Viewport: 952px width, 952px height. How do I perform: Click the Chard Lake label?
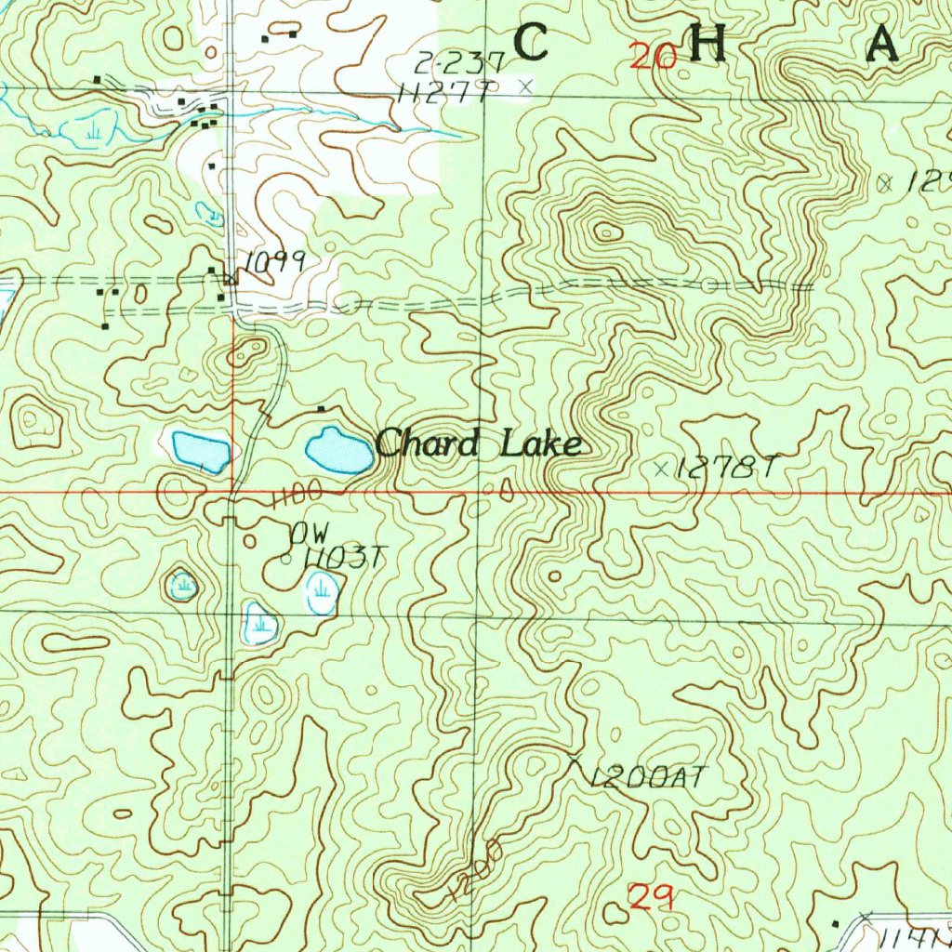479,444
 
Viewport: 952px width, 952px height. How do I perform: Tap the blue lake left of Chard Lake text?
338,451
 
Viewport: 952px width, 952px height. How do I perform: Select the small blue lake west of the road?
201,451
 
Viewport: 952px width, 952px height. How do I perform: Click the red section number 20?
653,58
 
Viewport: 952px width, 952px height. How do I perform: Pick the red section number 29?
651,897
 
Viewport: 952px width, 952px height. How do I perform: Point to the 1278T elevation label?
725,469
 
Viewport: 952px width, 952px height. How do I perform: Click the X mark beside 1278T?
662,468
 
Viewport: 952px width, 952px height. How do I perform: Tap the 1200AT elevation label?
649,777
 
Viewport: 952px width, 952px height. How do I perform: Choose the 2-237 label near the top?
458,63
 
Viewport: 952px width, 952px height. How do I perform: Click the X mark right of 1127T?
526,86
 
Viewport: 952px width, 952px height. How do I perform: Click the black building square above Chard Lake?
322,409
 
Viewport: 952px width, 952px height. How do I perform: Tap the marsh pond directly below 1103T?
322,591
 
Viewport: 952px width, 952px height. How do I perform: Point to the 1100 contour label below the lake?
297,495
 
